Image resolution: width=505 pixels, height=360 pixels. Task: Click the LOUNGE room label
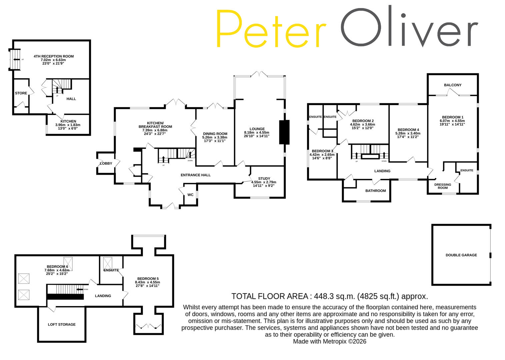click(257, 129)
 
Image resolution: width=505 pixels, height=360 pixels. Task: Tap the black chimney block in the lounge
click(284, 132)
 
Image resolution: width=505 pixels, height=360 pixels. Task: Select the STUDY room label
click(264, 179)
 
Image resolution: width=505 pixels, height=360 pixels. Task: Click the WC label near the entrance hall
click(190, 195)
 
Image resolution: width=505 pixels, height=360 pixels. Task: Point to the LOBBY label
click(106, 164)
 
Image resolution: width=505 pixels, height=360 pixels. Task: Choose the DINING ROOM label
click(215, 134)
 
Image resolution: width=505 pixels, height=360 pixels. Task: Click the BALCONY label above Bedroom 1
click(453, 85)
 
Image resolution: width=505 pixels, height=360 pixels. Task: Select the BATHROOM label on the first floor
click(376, 191)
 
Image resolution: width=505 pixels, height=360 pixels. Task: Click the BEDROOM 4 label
click(408, 130)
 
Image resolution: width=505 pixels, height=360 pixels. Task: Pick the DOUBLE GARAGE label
click(461, 255)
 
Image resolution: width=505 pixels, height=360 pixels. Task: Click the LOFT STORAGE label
click(62, 325)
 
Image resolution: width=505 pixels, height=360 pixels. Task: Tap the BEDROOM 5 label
click(148, 279)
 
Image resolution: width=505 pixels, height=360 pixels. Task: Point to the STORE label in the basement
click(21, 93)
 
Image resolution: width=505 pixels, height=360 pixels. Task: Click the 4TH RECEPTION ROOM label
click(54, 57)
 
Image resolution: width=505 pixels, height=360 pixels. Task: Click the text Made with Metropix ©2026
click(329, 342)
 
